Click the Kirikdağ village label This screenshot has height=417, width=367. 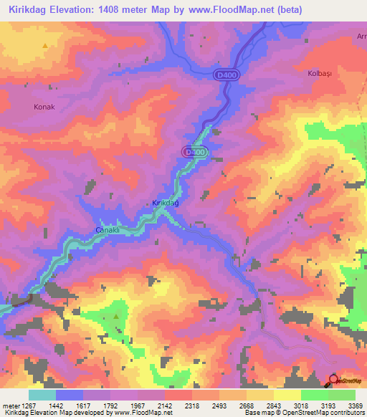click(165, 203)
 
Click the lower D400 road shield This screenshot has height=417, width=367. click(194, 153)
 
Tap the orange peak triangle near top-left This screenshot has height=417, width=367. click(45, 45)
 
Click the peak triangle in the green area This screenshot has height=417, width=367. click(117, 315)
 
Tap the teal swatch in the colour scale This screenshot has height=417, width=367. click(42, 395)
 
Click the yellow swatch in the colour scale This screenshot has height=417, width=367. click(287, 395)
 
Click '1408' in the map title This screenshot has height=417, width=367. click(138, 10)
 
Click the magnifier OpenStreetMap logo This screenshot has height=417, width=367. click(334, 380)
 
